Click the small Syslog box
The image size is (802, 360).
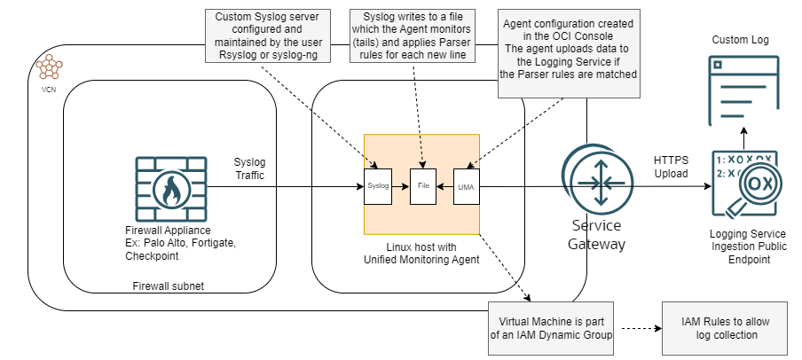(x=378, y=186)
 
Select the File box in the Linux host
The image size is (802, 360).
(x=422, y=186)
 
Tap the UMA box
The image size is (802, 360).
(x=466, y=186)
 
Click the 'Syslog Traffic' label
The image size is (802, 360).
(x=248, y=169)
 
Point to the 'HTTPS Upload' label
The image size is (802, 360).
(x=671, y=167)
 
